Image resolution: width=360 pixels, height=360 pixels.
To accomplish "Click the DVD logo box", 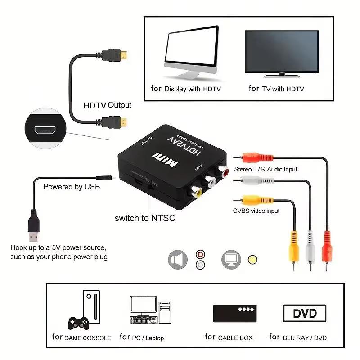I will [x=305, y=313].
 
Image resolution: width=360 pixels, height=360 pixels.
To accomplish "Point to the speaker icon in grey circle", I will [x=177, y=260].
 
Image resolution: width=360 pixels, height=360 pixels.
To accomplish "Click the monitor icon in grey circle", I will [x=231, y=260].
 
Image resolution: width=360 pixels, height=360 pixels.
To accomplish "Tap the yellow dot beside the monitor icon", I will [x=253, y=260].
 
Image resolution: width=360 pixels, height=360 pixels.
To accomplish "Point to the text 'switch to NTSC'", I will [x=144, y=218].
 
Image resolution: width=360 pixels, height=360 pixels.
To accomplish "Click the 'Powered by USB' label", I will [x=72, y=186].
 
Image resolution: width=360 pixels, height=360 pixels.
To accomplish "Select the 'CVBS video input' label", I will [x=256, y=211].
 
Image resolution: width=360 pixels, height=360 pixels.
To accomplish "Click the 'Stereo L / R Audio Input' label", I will [x=265, y=170].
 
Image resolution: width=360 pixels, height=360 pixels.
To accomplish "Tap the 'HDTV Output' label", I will [x=108, y=105].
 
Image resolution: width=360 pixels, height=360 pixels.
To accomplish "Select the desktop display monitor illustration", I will [x=191, y=52].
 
